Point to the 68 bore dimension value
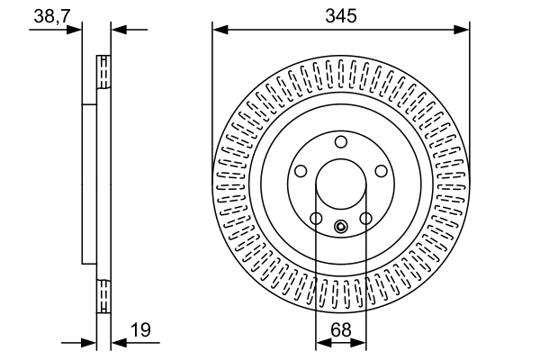tap(341, 330)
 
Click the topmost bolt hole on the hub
tap(340, 142)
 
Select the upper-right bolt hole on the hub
tap(381, 171)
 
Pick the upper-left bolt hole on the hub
tap(300, 171)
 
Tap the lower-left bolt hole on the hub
tap(315, 219)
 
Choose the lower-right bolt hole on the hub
tap(365, 219)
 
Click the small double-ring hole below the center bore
tap(340, 227)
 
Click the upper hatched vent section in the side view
tap(103, 73)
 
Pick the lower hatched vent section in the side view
tap(103, 296)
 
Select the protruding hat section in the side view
tap(88, 184)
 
